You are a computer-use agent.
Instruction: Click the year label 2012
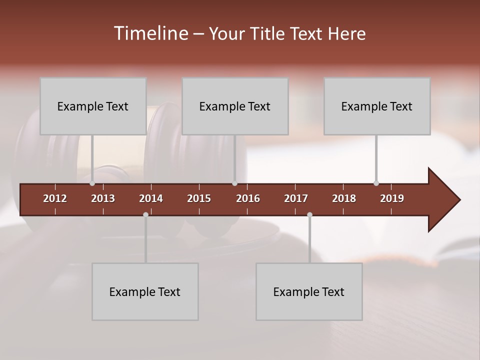coord(55,198)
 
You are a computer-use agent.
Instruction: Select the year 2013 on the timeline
coord(103,198)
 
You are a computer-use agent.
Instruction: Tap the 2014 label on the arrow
coord(151,198)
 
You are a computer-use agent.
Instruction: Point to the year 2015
coord(199,198)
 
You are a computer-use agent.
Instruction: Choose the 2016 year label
coord(248,198)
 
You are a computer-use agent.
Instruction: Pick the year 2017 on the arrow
coord(296,198)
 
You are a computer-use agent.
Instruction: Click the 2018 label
coord(344,198)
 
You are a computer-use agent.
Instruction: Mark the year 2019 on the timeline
coord(392,198)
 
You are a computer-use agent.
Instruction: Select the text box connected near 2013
coord(93,106)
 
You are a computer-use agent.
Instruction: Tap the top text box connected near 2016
coord(235,106)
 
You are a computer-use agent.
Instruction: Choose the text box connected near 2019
coord(377,106)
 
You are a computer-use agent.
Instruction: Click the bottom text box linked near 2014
coord(145,291)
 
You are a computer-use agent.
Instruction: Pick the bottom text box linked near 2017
coord(309,291)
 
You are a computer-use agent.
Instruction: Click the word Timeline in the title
coord(150,33)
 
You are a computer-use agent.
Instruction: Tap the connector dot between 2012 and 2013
coord(92,183)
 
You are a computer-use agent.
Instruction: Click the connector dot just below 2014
coord(145,214)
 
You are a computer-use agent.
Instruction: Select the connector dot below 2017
coord(309,214)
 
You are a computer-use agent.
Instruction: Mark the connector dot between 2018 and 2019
coord(376,183)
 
